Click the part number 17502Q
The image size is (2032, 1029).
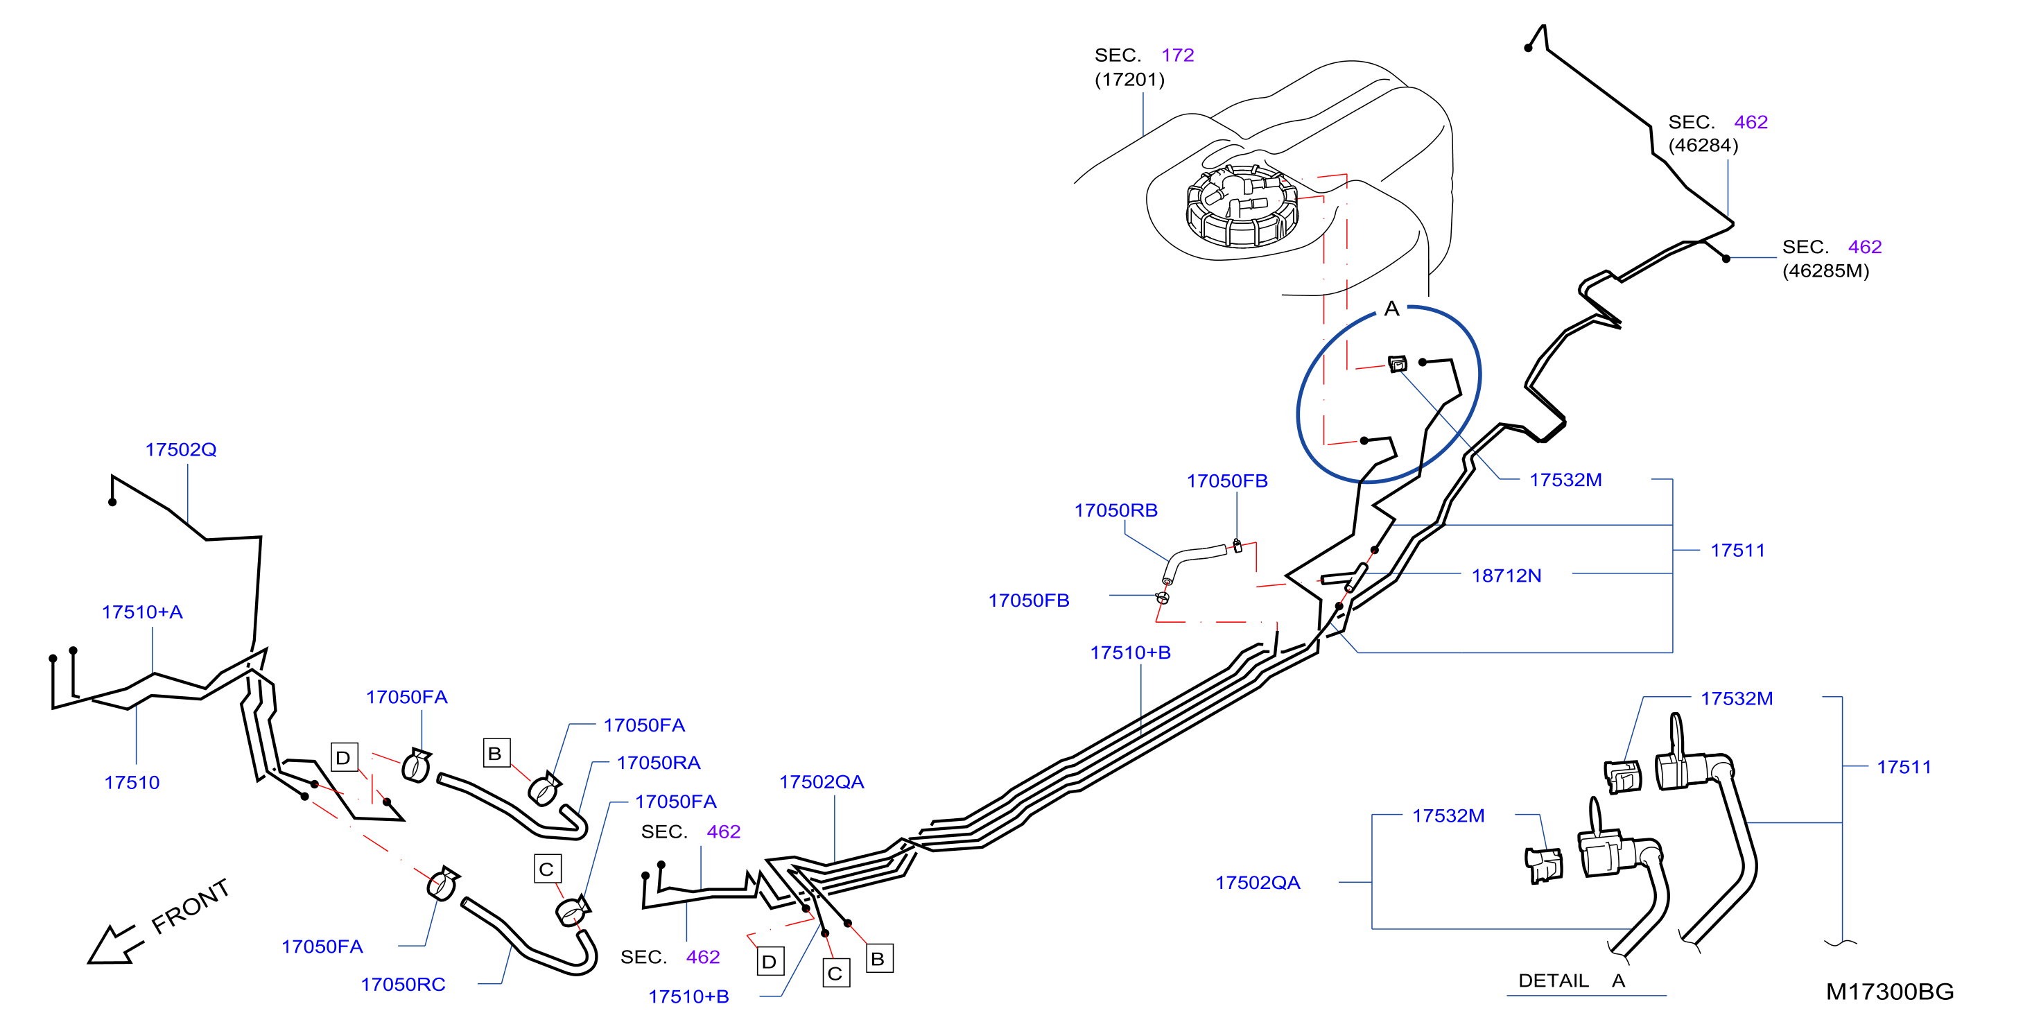click(181, 450)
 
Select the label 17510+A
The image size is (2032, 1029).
click(142, 612)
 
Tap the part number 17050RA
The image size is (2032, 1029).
click(659, 763)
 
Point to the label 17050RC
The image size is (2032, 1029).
click(403, 985)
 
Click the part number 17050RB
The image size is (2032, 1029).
click(1116, 510)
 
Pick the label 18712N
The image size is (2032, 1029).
click(1506, 576)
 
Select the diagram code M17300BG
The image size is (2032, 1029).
click(1890, 992)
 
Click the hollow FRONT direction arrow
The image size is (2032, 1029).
click(114, 944)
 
